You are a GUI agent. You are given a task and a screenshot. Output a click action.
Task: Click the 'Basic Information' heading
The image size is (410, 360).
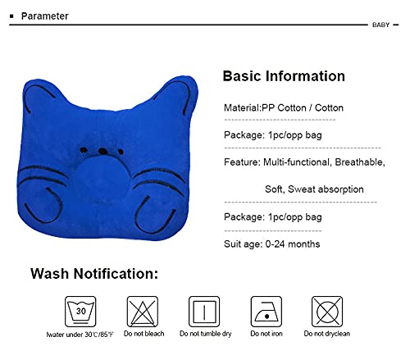tap(284, 76)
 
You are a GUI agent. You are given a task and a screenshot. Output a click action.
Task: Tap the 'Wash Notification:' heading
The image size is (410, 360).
tap(95, 274)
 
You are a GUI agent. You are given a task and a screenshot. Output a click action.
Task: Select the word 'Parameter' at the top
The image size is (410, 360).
tap(45, 16)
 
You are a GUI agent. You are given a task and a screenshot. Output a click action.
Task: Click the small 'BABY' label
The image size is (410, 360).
tap(380, 25)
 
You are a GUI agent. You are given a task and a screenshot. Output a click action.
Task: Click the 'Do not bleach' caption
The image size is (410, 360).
tap(143, 335)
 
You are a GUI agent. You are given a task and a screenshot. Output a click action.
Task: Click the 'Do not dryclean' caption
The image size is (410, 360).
tap(327, 335)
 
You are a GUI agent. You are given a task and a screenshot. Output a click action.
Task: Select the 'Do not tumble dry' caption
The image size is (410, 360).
tap(205, 335)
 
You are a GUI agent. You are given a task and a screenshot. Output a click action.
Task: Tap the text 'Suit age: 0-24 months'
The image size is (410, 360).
tap(271, 244)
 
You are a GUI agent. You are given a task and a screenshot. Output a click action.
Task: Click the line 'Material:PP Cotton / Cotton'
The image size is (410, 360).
tap(284, 107)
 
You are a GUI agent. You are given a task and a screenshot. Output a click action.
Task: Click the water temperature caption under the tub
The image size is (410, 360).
tap(80, 335)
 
